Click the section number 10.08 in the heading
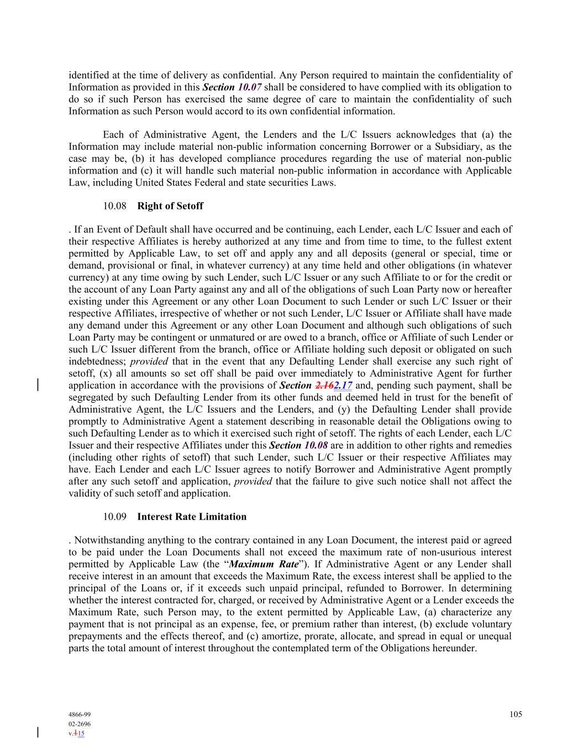click(114, 206)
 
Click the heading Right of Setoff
click(170, 206)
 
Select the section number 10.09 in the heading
click(114, 516)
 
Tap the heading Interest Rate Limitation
click(192, 516)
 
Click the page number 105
click(516, 714)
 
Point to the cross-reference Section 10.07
click(232, 87)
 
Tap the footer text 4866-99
click(80, 714)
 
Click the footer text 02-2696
click(80, 724)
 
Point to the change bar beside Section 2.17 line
click(38, 384)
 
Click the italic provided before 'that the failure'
click(253, 481)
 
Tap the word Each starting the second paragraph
click(113, 135)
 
